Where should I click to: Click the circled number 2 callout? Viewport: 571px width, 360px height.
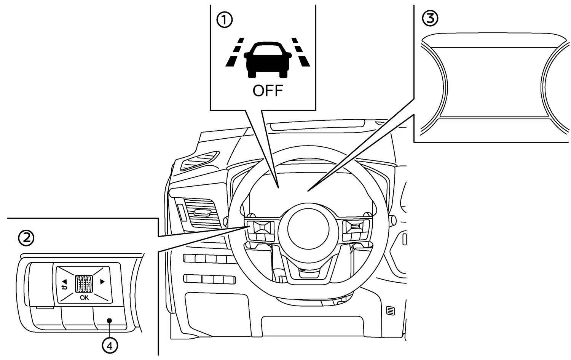coord(26,238)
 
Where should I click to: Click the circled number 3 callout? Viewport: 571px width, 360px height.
coord(431,18)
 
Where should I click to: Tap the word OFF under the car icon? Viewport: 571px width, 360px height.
coord(268,91)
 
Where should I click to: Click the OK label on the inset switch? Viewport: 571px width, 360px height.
coord(84,298)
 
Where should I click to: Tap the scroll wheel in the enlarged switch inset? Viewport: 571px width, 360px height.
coord(84,284)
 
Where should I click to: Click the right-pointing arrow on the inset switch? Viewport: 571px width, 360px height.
coord(102,282)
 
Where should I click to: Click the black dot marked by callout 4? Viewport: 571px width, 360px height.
coord(109,320)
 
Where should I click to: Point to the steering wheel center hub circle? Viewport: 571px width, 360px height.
coord(308,232)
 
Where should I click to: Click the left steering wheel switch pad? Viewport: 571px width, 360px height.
coord(262,228)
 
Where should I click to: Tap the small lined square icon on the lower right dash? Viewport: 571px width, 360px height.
coord(391,310)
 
